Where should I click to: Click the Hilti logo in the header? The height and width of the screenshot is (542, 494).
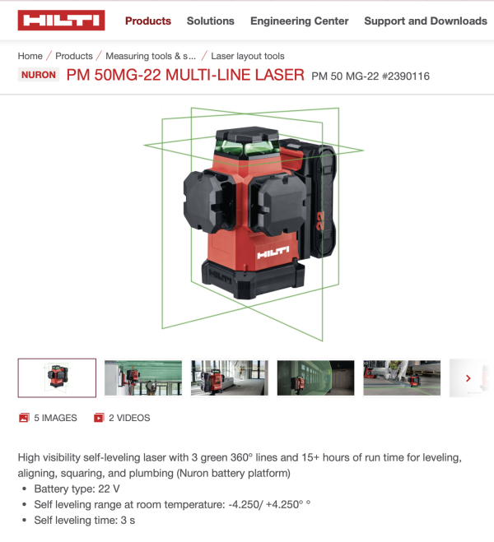(x=61, y=21)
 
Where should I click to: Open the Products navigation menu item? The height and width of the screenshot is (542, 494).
(x=148, y=21)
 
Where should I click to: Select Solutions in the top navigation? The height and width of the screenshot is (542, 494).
(x=210, y=21)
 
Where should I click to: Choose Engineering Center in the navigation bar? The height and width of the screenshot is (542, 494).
(x=299, y=21)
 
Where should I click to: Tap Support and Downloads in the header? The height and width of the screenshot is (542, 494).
(x=426, y=21)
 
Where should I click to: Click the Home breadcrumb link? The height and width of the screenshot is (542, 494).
(x=30, y=56)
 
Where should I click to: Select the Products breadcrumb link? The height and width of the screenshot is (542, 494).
(x=74, y=56)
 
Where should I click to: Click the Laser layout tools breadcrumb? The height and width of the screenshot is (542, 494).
(x=248, y=56)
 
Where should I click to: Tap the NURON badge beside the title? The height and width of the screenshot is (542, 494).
(x=39, y=75)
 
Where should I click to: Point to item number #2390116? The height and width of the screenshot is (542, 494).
(x=405, y=76)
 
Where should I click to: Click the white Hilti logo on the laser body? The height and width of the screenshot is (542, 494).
(x=273, y=252)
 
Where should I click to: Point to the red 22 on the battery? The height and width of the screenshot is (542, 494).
(x=320, y=220)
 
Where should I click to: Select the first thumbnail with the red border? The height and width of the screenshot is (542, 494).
(x=57, y=378)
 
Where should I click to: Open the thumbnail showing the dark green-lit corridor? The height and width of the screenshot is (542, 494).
(x=315, y=378)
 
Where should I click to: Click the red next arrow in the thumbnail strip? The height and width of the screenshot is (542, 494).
(x=468, y=378)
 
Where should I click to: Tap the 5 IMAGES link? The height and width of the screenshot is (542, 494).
(x=48, y=418)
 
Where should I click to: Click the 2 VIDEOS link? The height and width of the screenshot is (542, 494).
(x=122, y=418)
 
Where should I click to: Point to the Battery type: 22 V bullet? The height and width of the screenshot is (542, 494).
(x=77, y=489)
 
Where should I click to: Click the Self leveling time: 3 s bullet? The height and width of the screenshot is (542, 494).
(x=85, y=521)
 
